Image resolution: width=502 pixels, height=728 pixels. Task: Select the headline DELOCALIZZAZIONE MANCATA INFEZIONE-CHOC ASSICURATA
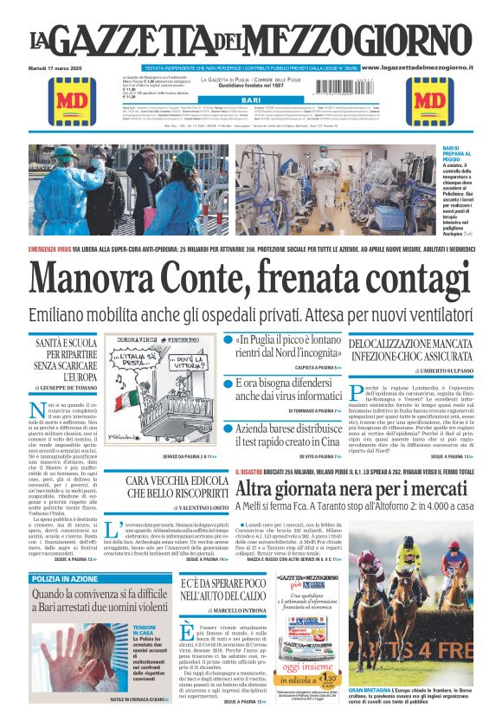[409, 349]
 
